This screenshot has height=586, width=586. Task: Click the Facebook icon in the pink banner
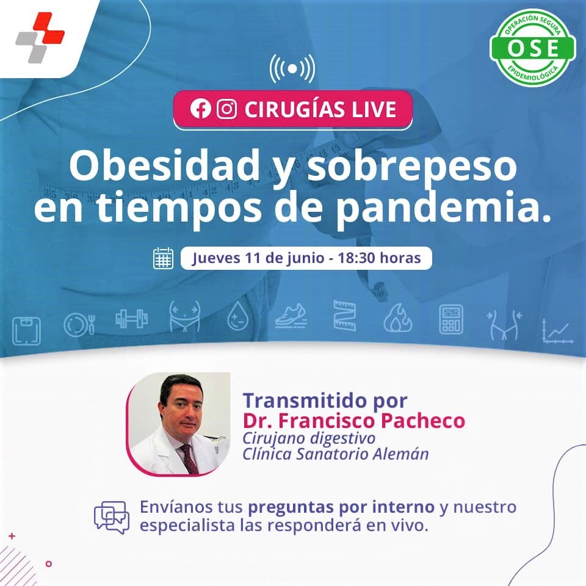(200, 109)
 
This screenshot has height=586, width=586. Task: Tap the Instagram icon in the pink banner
(227, 109)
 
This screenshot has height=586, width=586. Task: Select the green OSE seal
(532, 48)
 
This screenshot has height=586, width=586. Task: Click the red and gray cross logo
(40, 37)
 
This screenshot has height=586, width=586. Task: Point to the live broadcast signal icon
(292, 69)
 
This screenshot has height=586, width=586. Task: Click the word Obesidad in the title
(164, 165)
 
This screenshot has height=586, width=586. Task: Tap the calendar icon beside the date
(164, 258)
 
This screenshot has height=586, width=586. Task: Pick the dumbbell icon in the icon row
(132, 319)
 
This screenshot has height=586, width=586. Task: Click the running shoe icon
(291, 317)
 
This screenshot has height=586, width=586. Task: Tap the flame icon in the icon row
(397, 318)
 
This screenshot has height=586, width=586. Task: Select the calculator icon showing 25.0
(451, 319)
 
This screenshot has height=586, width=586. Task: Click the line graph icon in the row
(557, 331)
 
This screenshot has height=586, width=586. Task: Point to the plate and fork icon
(79, 324)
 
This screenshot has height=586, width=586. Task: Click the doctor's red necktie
(189, 458)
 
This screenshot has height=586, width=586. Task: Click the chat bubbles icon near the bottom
(112, 518)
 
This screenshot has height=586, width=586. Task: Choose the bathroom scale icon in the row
(26, 331)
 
